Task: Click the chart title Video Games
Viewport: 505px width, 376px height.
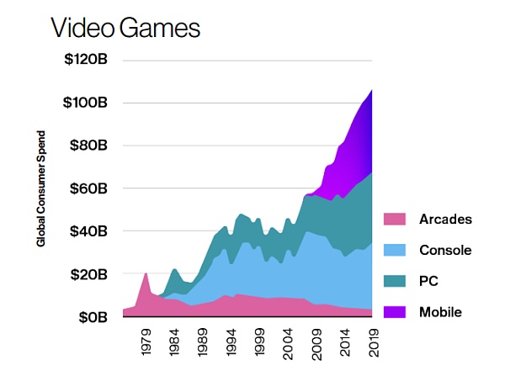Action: (x=126, y=28)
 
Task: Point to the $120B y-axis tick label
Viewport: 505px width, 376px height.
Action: (x=84, y=60)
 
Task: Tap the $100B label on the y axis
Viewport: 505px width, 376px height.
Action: (x=84, y=103)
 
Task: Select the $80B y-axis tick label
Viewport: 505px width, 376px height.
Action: (x=87, y=146)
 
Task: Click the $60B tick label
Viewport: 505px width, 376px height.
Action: (x=87, y=188)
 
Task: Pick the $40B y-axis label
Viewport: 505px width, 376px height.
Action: (x=87, y=231)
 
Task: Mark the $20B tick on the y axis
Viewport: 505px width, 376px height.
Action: (x=87, y=274)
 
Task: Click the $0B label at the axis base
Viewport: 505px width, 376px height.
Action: (x=91, y=317)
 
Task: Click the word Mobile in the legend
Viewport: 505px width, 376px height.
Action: (x=441, y=312)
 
